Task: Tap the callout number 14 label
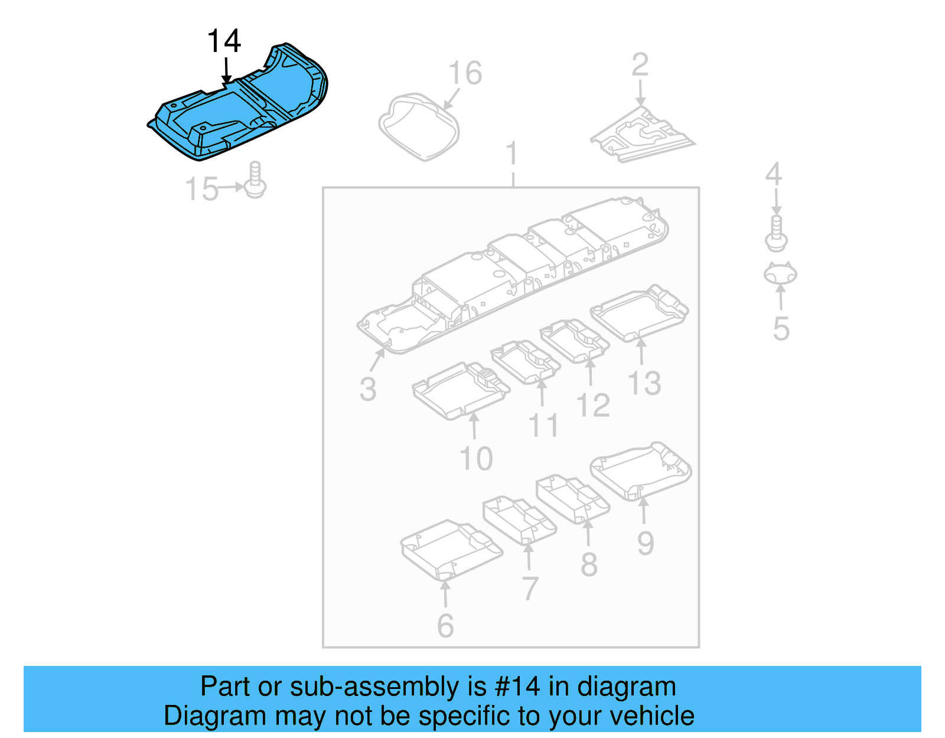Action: (224, 41)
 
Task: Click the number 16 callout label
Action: (465, 73)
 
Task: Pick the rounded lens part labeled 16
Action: (419, 126)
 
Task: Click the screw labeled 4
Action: (776, 233)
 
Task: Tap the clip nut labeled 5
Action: (780, 274)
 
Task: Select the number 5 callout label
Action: (781, 329)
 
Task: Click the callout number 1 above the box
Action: (512, 154)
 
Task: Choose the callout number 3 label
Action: (367, 389)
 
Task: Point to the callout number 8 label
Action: (589, 564)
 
